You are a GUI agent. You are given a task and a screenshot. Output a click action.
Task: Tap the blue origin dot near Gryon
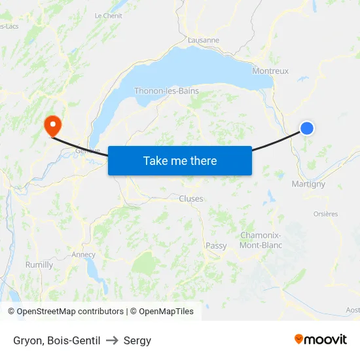(x=306, y=128)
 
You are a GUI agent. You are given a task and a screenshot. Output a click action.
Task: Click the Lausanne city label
(x=203, y=40)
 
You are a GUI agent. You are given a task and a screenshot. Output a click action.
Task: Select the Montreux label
(x=270, y=71)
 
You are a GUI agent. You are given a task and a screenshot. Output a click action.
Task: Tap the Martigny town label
(x=308, y=184)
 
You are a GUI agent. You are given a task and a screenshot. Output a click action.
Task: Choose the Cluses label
(x=191, y=198)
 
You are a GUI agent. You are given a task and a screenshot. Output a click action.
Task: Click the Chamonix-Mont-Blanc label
(x=261, y=240)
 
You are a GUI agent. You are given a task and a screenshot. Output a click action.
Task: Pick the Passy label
(x=216, y=245)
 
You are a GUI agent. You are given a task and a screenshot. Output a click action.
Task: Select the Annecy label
(x=83, y=255)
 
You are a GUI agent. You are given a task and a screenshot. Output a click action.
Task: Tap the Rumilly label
(x=39, y=264)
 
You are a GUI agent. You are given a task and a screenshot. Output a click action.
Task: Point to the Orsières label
(x=325, y=213)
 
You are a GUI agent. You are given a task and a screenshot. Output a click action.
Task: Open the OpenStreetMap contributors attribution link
(x=70, y=312)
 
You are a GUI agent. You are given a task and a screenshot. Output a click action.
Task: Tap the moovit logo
(x=321, y=340)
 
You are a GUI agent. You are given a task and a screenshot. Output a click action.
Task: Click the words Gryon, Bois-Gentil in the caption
(x=56, y=340)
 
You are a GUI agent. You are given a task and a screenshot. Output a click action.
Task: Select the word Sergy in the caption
(x=137, y=340)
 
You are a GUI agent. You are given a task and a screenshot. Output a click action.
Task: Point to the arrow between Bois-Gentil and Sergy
(x=111, y=340)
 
